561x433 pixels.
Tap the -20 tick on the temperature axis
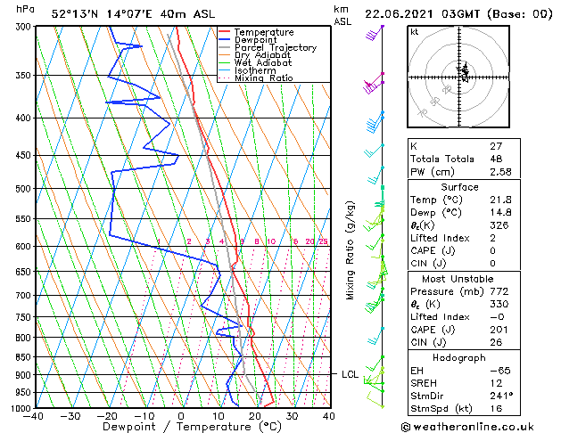coord(106,416)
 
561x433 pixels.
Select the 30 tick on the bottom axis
coord(292,416)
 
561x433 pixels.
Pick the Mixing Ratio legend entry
coord(263,78)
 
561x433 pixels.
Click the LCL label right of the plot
coord(351,374)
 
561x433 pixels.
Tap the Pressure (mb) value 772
coord(498,290)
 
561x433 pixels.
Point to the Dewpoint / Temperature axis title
coord(180,427)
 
